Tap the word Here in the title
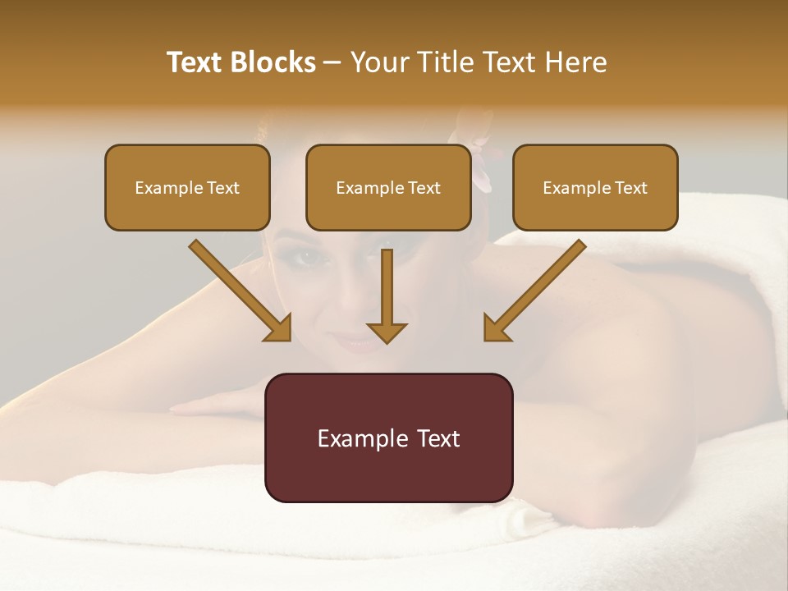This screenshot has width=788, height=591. click(575, 62)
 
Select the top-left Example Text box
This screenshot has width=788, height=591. click(187, 188)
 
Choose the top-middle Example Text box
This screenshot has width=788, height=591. click(388, 188)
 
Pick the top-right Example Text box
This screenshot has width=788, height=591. click(595, 188)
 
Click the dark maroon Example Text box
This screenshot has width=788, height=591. click(388, 438)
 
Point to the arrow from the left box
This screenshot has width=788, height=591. click(238, 287)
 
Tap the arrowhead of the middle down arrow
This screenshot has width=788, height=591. click(387, 332)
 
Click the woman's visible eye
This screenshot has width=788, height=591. click(309, 257)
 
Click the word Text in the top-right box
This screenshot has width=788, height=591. click(630, 188)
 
